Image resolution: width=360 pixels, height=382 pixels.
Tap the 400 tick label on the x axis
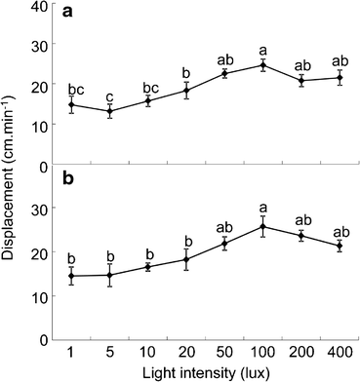pyautogui.click(x=339, y=350)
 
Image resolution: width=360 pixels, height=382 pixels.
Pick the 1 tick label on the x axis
pyautogui.click(x=71, y=350)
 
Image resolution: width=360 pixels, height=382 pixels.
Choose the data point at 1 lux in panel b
pyautogui.click(x=71, y=276)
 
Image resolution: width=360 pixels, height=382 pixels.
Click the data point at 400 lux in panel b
pyautogui.click(x=339, y=246)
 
